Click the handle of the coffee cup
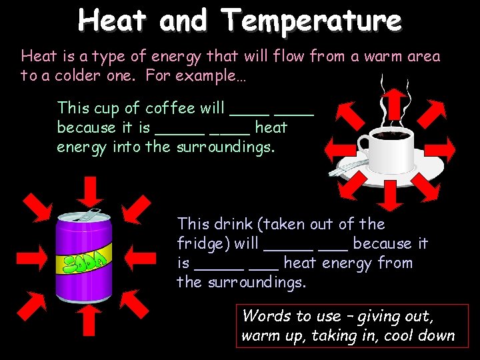click(365, 143)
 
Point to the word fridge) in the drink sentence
click(203, 243)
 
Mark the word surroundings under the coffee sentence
click(225, 147)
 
